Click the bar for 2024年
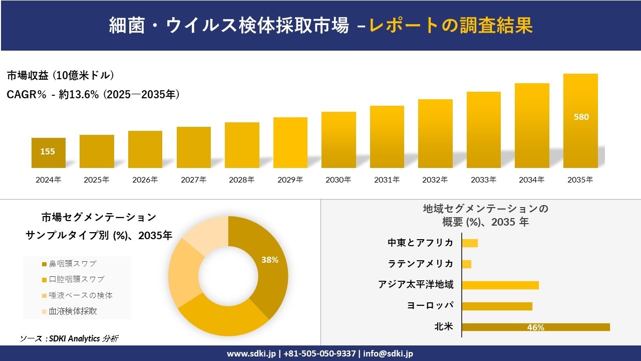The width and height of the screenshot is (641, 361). click(49, 153)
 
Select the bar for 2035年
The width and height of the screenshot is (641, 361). click(580, 121)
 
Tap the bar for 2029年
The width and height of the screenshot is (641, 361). click(290, 142)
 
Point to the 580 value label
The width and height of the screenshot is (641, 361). click(581, 117)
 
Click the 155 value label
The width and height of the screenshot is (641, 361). click(48, 151)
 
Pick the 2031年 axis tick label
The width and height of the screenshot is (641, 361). click(387, 179)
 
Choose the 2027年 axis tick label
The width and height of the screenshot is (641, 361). click(193, 179)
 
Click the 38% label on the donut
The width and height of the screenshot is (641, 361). click(270, 260)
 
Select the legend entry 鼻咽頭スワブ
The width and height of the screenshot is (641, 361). click(72, 264)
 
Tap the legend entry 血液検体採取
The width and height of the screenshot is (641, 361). click(72, 311)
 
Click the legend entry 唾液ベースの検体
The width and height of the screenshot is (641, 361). click(76, 295)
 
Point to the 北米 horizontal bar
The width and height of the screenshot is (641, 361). click(535, 327)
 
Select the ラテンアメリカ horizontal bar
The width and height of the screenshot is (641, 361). click(466, 264)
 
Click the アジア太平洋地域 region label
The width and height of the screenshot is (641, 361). click(416, 285)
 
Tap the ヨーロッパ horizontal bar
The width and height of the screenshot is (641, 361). click(497, 306)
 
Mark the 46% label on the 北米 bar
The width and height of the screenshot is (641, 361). click(535, 327)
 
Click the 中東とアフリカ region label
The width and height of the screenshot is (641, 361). click(420, 243)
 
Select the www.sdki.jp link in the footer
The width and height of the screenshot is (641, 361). click(251, 353)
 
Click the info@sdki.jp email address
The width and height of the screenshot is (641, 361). click(388, 353)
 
